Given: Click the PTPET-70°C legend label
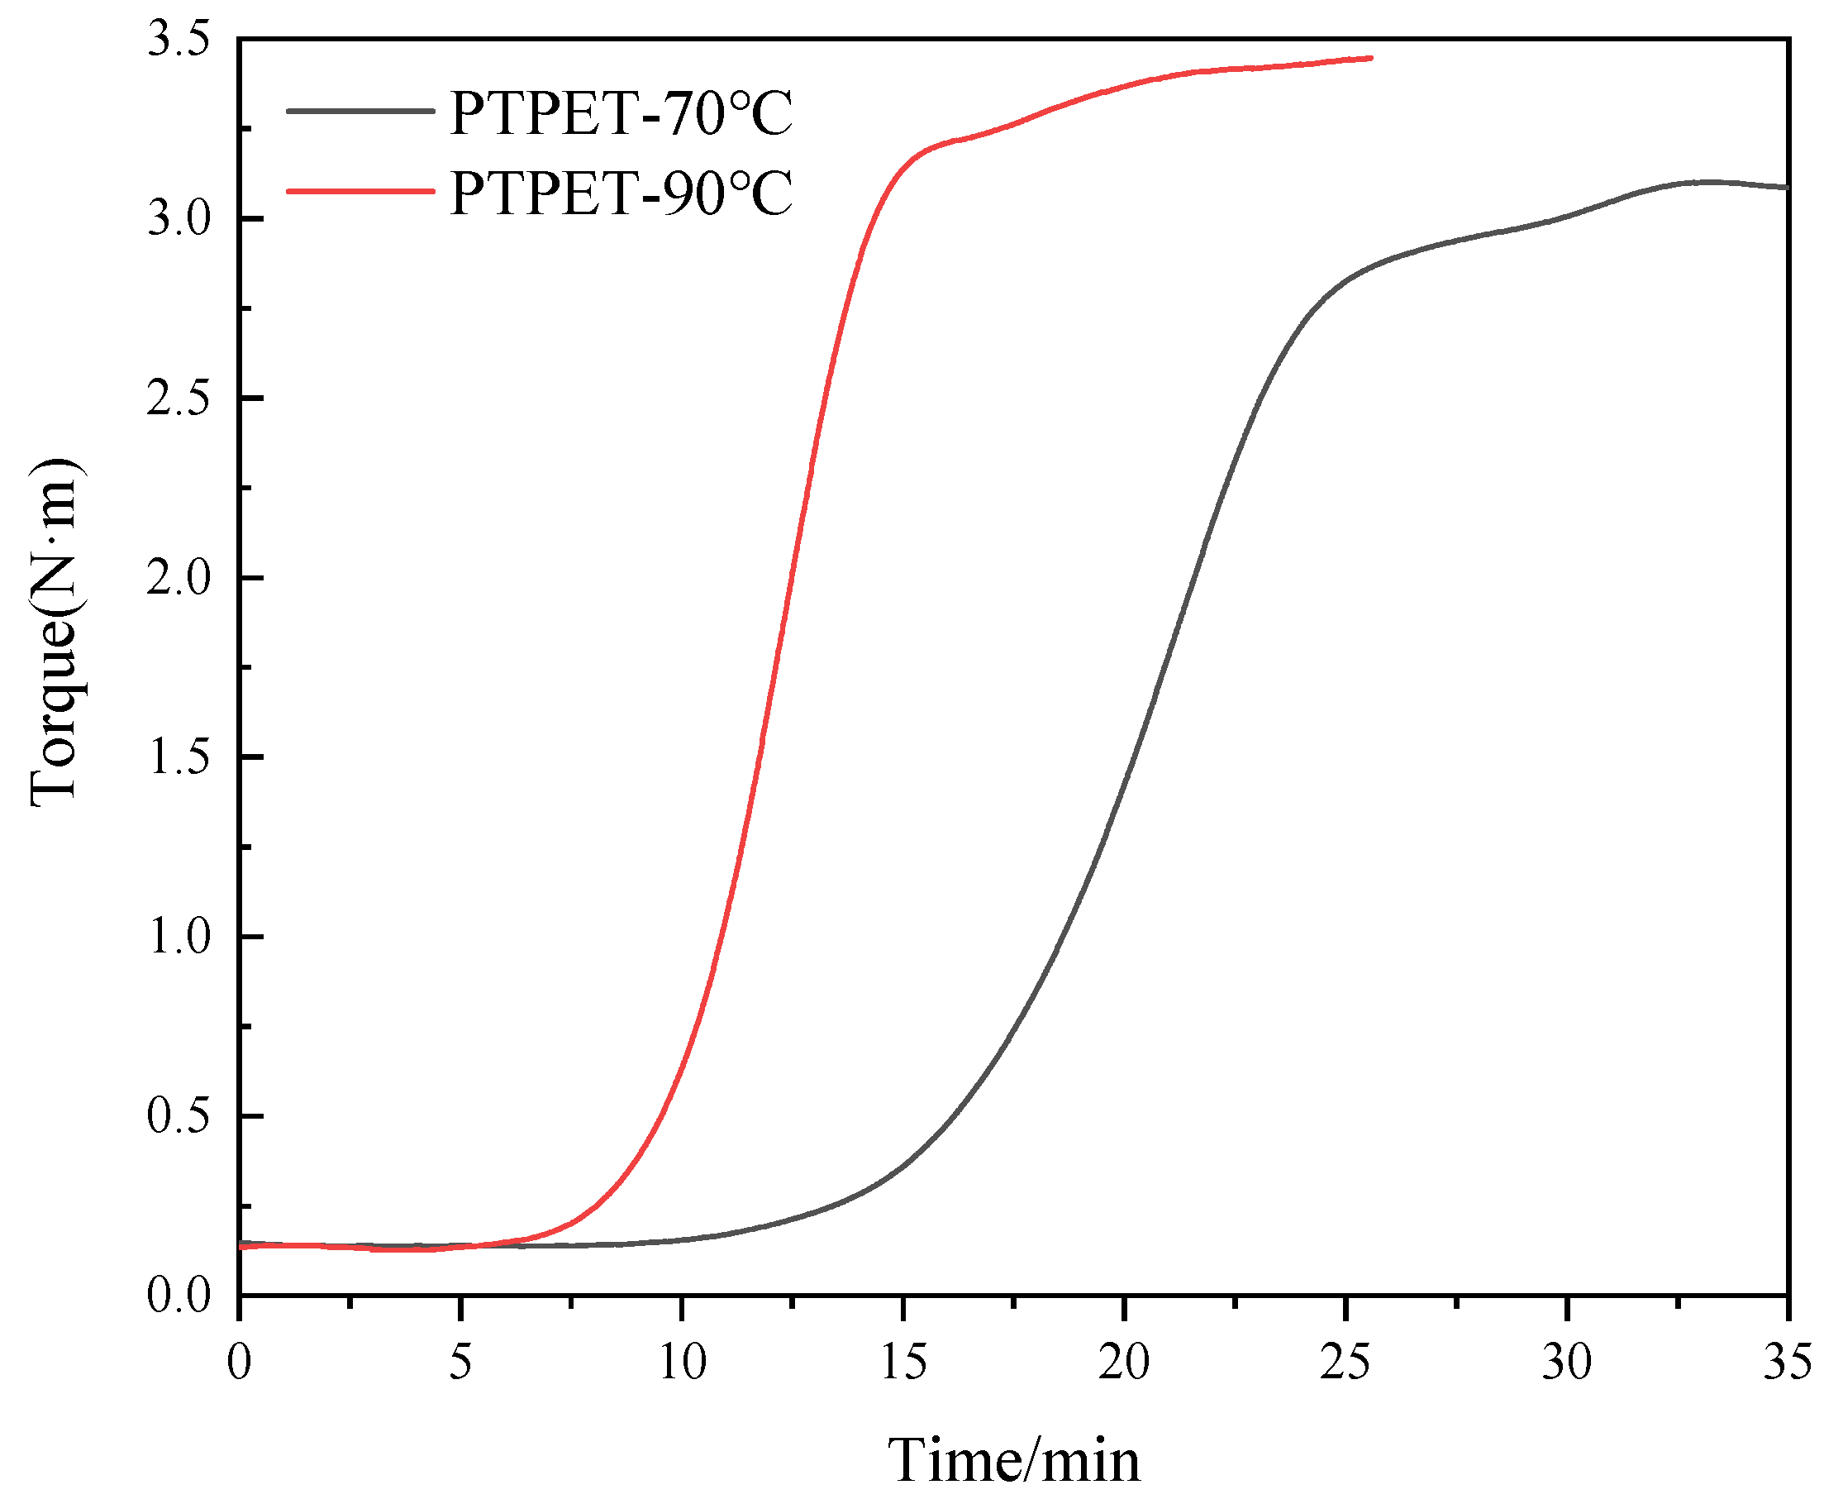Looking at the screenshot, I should [620, 113].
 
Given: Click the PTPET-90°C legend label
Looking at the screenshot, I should [620, 192].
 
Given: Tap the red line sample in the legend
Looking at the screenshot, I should [360, 191].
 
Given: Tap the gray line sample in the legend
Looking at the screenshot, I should [360, 111].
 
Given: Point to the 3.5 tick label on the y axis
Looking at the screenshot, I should [179, 41].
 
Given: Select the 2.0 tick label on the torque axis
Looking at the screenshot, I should [179, 578].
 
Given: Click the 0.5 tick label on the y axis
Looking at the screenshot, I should [179, 1116].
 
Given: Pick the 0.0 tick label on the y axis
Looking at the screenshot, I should [179, 1296].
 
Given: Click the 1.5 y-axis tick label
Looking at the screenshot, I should [179, 757].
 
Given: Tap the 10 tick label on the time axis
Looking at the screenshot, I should [682, 1363].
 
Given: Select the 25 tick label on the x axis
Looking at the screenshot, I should [1345, 1363].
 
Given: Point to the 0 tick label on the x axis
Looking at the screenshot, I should [239, 1363].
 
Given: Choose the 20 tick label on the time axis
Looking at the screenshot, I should [1124, 1363].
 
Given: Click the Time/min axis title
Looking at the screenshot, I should [1013, 1460].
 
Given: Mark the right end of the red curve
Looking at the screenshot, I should [1371, 58].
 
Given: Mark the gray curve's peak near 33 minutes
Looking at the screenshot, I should [1705, 182].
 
